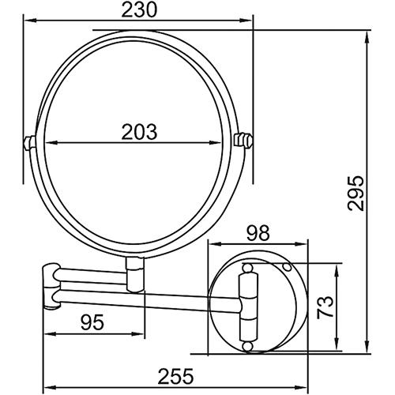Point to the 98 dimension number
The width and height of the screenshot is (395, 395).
258,232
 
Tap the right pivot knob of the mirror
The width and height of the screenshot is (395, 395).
245,142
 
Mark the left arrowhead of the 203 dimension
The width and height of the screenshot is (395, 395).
41,143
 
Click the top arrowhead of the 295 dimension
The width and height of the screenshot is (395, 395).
369,35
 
